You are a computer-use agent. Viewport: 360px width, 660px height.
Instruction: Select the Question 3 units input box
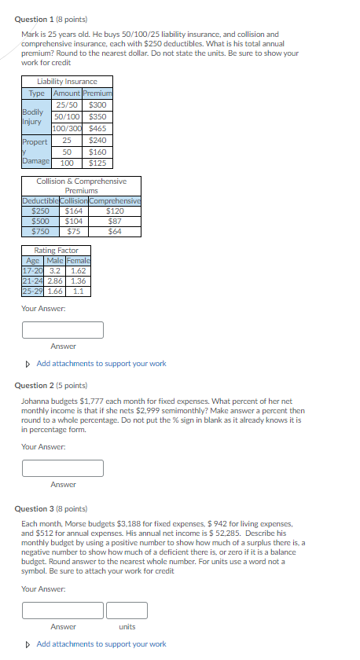127,610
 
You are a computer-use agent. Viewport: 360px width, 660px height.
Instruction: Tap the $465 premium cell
98,128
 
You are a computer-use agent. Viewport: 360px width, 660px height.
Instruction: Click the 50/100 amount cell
67,116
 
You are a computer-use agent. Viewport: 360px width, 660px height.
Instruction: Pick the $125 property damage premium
98,163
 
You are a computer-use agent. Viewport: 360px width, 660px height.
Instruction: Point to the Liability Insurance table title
67,81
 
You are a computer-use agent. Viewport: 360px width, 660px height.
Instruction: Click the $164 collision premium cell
73,211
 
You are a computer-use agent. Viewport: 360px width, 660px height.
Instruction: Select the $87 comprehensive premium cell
115,221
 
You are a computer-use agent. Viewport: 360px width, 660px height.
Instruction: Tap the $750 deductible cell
40,231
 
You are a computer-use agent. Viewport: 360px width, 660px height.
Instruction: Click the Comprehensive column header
115,200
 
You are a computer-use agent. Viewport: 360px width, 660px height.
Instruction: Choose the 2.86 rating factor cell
55,280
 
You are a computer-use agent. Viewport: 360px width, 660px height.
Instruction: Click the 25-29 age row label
33,291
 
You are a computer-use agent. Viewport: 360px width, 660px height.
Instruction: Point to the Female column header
79,260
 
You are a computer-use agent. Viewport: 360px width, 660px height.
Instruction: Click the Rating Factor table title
57,250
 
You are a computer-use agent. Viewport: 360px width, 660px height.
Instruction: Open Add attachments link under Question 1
101,364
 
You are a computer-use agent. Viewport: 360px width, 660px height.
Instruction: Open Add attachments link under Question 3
101,643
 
